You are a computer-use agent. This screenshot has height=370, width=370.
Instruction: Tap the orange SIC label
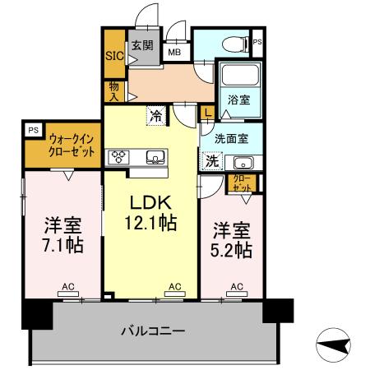[113, 57]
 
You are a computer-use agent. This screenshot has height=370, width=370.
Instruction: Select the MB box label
[174, 52]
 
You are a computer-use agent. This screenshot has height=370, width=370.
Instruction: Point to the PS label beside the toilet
[257, 42]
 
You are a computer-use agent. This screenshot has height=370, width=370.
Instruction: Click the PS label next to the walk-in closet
[32, 130]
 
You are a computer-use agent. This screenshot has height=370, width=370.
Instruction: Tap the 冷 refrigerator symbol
[155, 116]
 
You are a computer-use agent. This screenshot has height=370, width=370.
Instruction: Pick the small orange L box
[208, 113]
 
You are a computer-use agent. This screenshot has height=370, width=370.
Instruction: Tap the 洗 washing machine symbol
[212, 160]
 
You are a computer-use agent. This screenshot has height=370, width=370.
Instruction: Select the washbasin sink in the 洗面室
[243, 161]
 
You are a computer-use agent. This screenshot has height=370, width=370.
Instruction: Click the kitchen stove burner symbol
[116, 156]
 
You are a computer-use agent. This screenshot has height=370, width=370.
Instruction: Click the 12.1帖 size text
[149, 221]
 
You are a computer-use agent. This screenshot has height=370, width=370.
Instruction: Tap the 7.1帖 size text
[62, 245]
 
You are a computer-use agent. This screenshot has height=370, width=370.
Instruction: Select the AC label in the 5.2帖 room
[236, 286]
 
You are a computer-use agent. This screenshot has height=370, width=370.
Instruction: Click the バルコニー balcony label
[153, 331]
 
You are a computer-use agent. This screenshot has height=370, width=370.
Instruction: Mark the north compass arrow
[332, 346]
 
